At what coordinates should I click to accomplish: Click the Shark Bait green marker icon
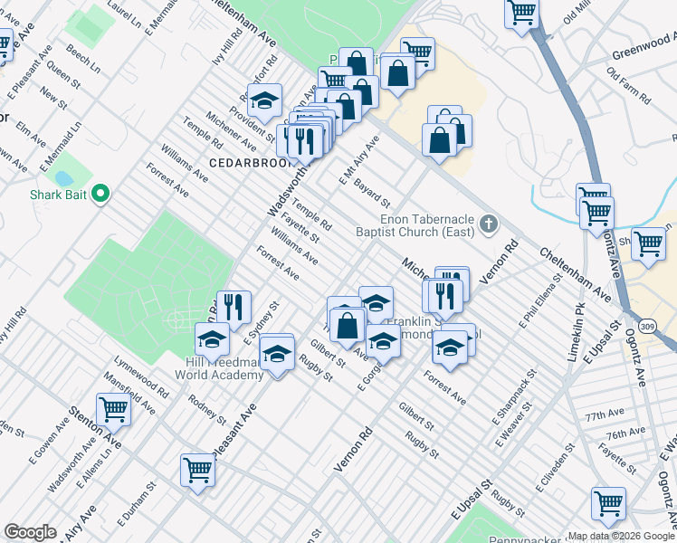pos(100,194)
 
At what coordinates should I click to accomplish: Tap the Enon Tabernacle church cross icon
pos(489,224)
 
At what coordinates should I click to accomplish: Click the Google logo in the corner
pos(30,532)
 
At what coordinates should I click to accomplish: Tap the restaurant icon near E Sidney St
pos(234,306)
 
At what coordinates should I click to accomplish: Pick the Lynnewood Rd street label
pos(144,382)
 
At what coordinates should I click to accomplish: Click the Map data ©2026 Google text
pos(621,536)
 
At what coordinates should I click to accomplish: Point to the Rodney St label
pos(208,409)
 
